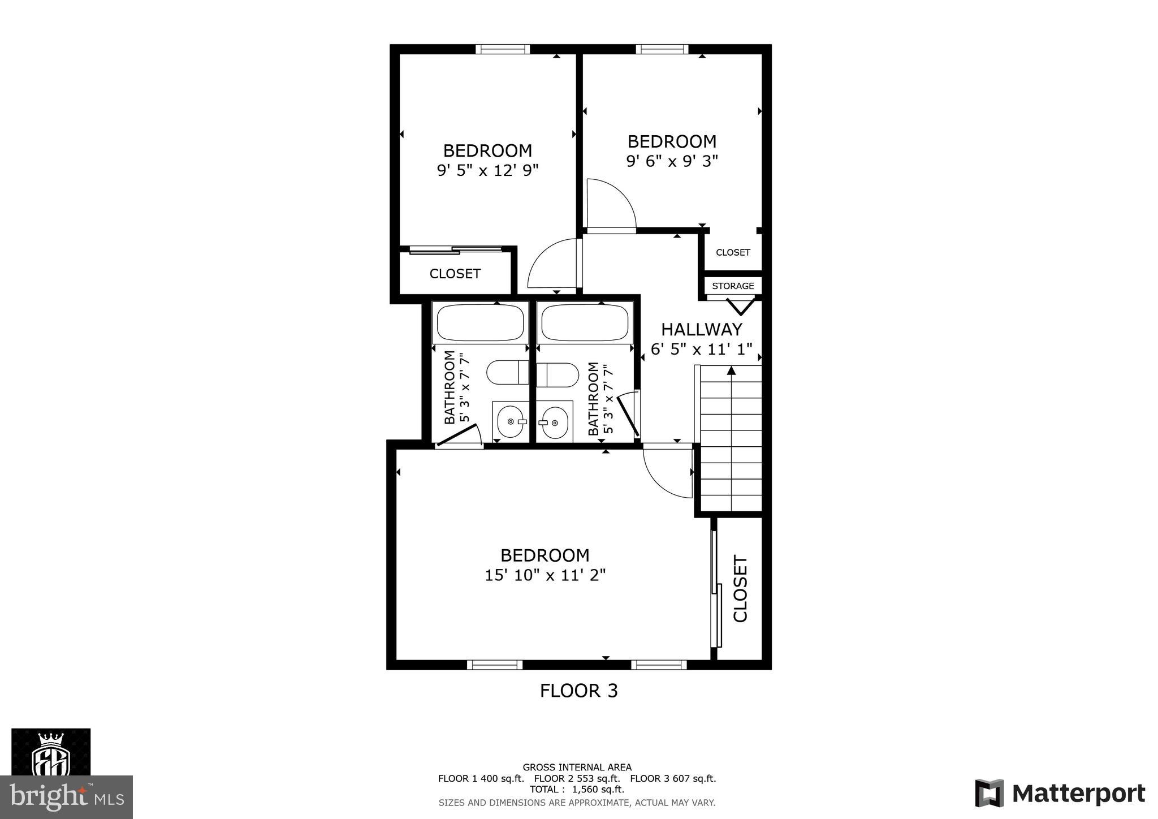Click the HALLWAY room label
[x=701, y=329]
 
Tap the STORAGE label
[x=733, y=286]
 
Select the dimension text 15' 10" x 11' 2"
[x=545, y=575]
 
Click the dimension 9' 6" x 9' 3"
[x=672, y=161]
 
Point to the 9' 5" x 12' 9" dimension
[x=487, y=170]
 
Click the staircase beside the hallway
[x=731, y=438]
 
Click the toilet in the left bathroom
[x=507, y=372]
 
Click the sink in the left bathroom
[x=511, y=421]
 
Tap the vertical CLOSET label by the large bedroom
[x=740, y=588]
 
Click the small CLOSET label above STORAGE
[x=733, y=252]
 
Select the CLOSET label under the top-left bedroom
[x=455, y=274]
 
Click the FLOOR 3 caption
[x=578, y=691]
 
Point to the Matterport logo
[x=1060, y=793]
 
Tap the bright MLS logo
[x=67, y=797]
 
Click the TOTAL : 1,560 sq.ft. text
[x=577, y=789]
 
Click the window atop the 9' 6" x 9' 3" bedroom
[x=662, y=49]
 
